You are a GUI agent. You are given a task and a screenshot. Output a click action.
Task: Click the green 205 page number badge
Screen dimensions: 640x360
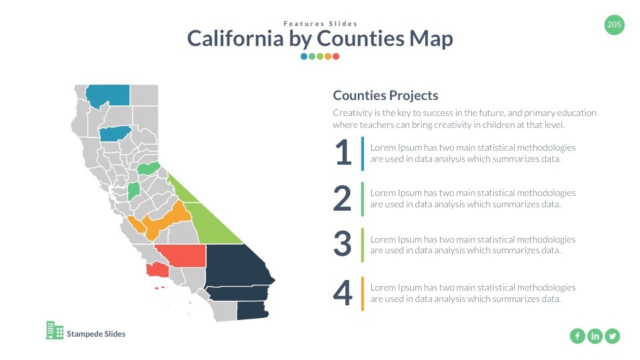(x=614, y=25)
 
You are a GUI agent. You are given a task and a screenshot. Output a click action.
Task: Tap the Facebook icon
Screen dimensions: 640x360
(x=577, y=336)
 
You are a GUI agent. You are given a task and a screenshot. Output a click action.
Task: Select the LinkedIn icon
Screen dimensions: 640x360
(x=595, y=336)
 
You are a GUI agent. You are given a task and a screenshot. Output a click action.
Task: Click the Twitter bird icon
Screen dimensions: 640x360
(x=612, y=336)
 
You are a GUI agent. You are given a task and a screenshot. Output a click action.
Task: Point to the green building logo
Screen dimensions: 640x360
(x=55, y=330)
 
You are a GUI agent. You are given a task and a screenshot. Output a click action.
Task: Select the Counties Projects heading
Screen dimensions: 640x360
(x=386, y=95)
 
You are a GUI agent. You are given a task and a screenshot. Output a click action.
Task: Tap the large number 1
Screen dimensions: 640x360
(x=343, y=152)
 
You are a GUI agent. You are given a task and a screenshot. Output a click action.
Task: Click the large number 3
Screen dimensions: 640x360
(x=343, y=244)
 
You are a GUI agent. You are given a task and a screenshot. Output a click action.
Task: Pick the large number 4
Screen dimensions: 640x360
(x=343, y=293)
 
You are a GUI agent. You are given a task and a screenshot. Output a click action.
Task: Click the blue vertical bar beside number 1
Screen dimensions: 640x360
(x=363, y=153)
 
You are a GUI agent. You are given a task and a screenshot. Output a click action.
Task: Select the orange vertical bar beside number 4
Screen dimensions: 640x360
(x=363, y=294)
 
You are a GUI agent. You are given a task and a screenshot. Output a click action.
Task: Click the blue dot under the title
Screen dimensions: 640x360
(x=304, y=56)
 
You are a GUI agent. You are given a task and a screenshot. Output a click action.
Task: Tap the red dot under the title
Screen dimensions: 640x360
(x=336, y=56)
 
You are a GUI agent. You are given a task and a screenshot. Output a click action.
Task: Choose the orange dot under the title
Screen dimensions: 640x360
(x=328, y=56)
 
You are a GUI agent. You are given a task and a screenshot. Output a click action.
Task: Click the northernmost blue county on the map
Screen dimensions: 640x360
(x=108, y=95)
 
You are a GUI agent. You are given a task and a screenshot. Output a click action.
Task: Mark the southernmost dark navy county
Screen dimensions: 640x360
(x=252, y=311)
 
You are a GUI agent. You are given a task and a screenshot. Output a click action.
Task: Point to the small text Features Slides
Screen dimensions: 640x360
(x=321, y=24)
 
